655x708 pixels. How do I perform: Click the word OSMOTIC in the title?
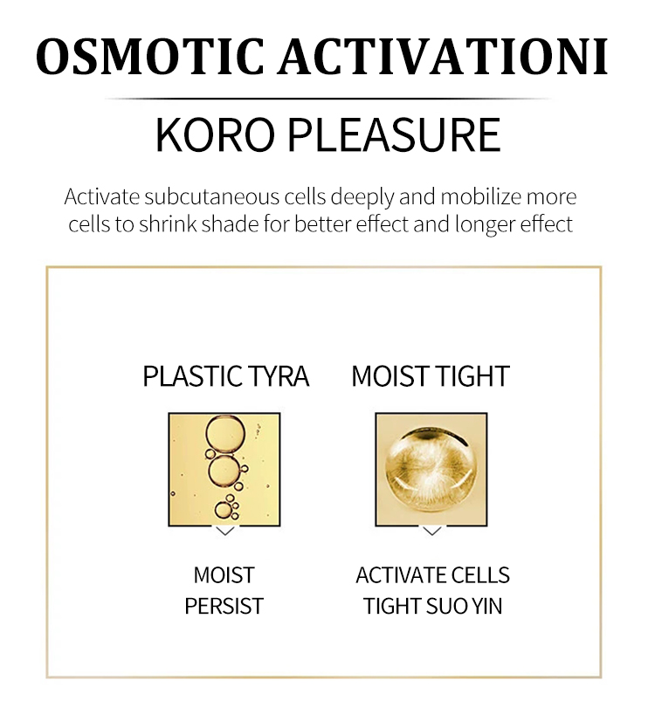(150, 57)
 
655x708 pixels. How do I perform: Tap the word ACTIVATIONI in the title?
(443, 57)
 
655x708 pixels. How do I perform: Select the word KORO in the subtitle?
(215, 134)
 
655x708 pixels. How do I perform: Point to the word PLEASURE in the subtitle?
(394, 134)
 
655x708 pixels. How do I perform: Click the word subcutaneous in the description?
(212, 197)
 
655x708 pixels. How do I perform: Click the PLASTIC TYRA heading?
(226, 376)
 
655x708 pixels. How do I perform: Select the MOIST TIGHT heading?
(431, 376)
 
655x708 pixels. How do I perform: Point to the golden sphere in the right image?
(431, 470)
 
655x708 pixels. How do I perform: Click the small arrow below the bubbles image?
(225, 531)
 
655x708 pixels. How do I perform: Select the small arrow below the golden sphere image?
(431, 531)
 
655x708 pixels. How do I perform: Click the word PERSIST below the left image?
(224, 606)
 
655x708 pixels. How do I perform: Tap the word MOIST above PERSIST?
(224, 575)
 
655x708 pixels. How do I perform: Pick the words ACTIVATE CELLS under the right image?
(433, 575)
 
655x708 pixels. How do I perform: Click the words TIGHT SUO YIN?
(433, 606)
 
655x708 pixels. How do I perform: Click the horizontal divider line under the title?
(328, 98)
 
